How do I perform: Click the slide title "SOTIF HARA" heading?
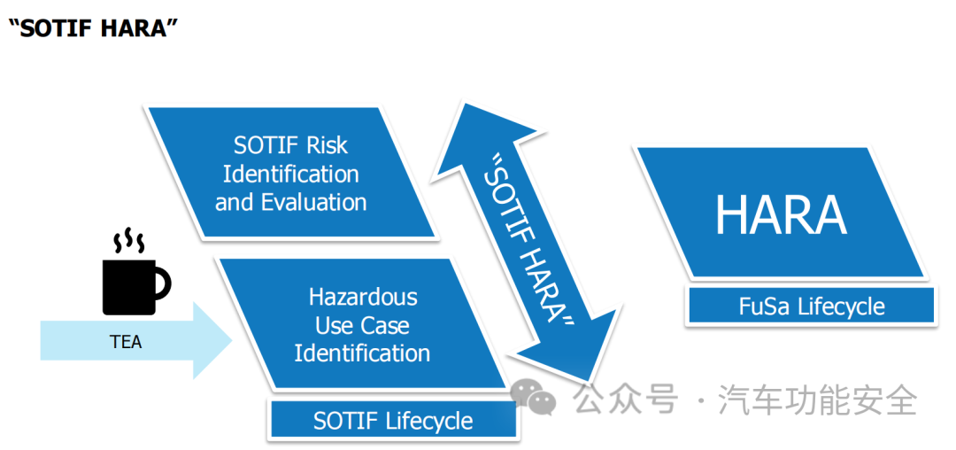point(88,27)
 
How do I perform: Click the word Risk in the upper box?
point(328,145)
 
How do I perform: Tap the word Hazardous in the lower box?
point(363,297)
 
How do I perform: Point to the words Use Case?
point(362,325)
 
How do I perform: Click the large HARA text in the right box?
point(781,214)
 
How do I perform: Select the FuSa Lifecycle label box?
point(812,307)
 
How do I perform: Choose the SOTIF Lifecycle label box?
point(393,421)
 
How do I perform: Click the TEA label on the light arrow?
point(126,342)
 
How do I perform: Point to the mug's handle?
point(163,283)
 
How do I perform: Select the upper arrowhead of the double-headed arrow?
point(465,133)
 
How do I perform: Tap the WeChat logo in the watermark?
point(535,400)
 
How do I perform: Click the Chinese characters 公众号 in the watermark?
point(625,400)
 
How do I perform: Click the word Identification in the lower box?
point(362,353)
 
